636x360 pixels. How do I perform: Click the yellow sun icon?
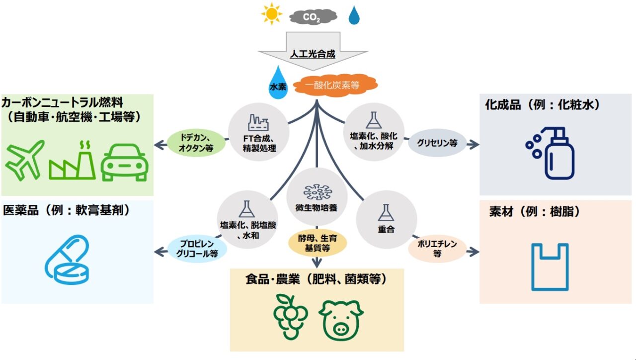click(272, 14)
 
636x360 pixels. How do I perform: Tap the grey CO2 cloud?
click(313, 17)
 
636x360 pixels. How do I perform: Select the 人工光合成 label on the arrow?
click(313, 54)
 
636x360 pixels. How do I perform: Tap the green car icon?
click(124, 162)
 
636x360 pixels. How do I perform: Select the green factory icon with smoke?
click(73, 161)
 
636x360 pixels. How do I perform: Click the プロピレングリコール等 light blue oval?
click(197, 248)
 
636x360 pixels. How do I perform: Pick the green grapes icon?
click(291, 316)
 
